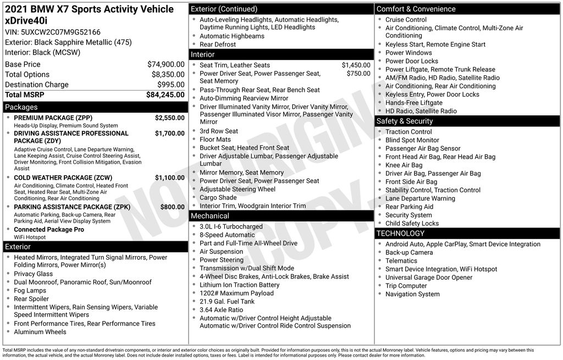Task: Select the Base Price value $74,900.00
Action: (x=165, y=64)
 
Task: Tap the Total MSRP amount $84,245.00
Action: (x=165, y=95)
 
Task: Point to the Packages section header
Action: (x=21, y=107)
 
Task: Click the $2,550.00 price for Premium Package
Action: (x=169, y=118)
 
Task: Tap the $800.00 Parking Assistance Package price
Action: (x=172, y=207)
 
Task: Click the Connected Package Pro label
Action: (x=49, y=230)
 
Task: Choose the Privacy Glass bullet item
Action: (x=33, y=274)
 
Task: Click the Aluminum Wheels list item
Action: (x=40, y=332)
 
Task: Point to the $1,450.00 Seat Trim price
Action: (x=356, y=65)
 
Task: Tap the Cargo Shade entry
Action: (x=218, y=197)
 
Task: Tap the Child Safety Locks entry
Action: (x=412, y=223)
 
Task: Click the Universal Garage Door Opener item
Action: (x=428, y=278)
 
